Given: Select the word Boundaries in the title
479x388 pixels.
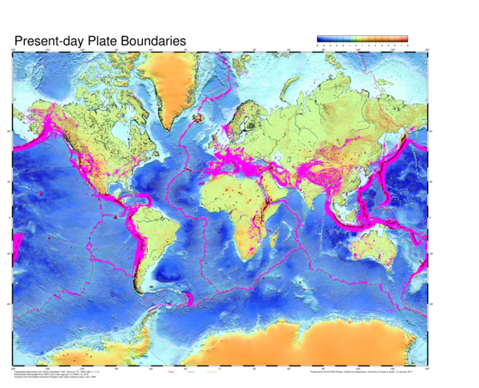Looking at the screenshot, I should coord(158,40).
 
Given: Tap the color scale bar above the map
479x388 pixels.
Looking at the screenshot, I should coord(362,38).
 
